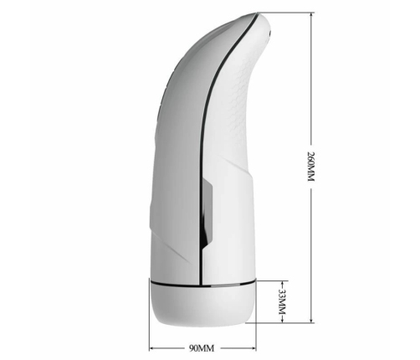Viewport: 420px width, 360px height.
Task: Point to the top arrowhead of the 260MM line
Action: (x=311, y=17)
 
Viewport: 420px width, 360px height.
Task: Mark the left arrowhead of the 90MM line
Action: (x=153, y=347)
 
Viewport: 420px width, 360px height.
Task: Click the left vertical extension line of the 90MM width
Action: (x=151, y=331)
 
